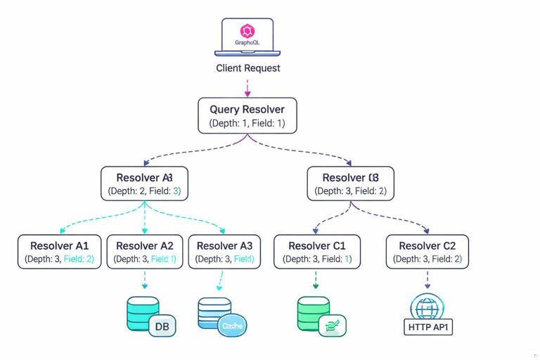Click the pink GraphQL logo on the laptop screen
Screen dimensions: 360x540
(247, 31)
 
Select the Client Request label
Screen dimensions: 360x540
(247, 68)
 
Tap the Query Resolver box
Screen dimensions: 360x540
(247, 116)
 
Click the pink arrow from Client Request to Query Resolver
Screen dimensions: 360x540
(247, 88)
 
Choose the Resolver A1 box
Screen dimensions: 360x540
(60, 252)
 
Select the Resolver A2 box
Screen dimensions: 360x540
(145, 252)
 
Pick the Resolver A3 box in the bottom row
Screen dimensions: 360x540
(224, 252)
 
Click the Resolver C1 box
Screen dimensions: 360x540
(317, 252)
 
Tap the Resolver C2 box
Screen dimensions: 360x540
(427, 252)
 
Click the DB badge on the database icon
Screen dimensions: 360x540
(162, 326)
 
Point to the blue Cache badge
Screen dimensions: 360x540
(232, 326)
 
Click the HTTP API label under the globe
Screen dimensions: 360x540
(427, 327)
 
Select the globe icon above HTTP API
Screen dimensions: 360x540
(427, 307)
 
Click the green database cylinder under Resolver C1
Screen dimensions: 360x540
(314, 313)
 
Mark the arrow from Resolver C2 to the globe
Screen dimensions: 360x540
(427, 280)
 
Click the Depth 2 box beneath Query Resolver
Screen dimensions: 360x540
(145, 184)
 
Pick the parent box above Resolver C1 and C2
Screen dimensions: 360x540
(350, 184)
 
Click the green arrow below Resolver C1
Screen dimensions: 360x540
(315, 280)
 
